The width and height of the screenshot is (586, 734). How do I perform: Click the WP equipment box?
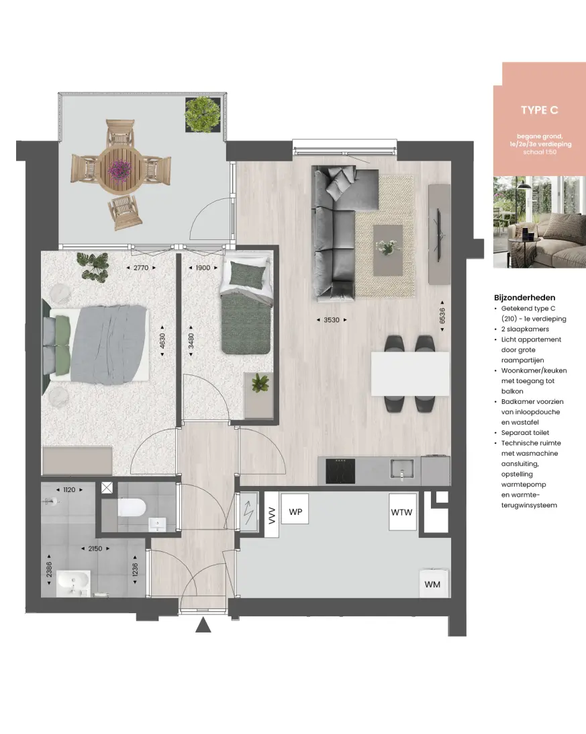point(294,512)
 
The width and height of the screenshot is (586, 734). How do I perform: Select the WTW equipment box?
point(401,512)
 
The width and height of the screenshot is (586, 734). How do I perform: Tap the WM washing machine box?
point(432,584)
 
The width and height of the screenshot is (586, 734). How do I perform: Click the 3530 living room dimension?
point(332,320)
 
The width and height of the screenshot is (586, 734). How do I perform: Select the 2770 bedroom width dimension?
point(140,268)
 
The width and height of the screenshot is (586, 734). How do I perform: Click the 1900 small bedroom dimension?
point(203,268)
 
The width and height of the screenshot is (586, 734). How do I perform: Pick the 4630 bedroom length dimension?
point(162,341)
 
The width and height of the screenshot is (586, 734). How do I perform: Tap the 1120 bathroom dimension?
point(69,490)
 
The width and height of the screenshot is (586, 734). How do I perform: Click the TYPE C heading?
point(539,110)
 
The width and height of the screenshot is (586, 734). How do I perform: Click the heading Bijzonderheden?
point(524,298)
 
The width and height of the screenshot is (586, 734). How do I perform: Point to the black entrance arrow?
point(203,626)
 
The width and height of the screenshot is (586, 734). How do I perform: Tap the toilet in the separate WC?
point(133,507)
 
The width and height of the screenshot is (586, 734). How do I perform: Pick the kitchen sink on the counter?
point(402,468)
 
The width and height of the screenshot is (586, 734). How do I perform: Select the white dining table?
point(410,374)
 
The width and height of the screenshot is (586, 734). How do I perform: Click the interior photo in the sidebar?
point(539,222)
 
